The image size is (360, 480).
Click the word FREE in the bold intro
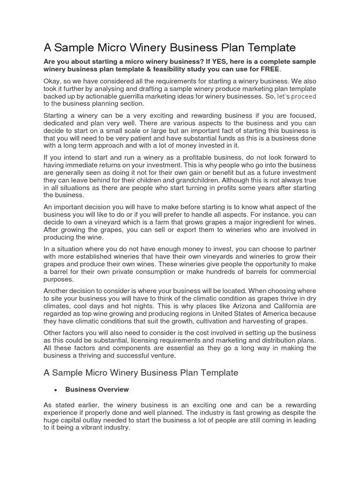[x=270, y=69]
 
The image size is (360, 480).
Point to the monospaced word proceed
[x=305, y=96]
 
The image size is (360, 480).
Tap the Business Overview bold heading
[x=97, y=390]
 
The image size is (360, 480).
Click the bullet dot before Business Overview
[x=55, y=390]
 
